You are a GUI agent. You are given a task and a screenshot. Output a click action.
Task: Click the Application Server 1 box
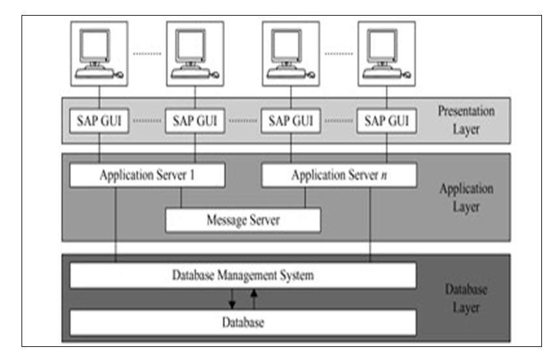click(147, 175)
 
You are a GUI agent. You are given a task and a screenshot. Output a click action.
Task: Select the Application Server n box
click(339, 175)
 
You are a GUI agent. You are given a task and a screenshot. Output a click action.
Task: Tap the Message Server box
click(243, 220)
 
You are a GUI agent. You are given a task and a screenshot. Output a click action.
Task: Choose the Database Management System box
click(243, 276)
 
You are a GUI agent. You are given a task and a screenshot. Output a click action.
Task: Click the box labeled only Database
click(243, 323)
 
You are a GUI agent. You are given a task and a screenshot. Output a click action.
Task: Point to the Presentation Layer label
click(466, 120)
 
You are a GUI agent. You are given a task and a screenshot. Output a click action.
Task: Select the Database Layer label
click(466, 298)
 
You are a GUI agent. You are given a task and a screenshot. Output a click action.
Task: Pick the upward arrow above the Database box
click(254, 299)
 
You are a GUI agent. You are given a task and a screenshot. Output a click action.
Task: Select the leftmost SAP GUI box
click(99, 121)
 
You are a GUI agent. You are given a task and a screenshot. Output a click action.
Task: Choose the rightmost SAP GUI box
click(387, 121)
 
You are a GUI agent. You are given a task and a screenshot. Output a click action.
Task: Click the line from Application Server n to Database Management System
click(370, 225)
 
